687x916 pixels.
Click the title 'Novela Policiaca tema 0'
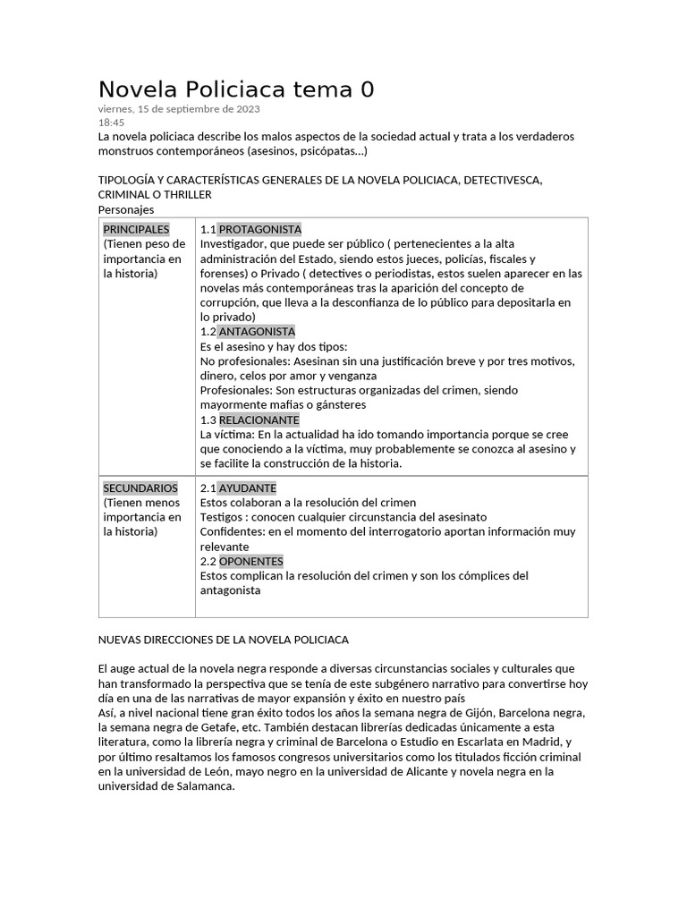236,89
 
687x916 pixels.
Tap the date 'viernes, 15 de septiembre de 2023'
179,109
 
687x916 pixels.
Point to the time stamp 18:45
111,123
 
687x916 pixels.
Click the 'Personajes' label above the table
126,209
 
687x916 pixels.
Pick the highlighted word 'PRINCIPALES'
136,229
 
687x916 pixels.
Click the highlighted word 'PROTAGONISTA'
259,229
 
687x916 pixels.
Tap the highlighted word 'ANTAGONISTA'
257,332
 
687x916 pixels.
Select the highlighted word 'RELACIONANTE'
259,420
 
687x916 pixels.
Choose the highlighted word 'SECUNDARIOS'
140,488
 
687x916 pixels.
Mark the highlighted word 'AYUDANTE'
247,488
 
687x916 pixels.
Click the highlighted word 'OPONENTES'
250,561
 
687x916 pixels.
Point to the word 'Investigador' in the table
233,244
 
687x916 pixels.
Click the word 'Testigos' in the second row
222,517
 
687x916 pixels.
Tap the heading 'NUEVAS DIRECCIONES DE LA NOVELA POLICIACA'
223,640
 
